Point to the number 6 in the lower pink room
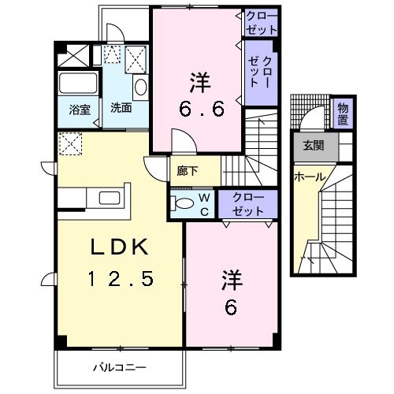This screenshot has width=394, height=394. click(231, 307)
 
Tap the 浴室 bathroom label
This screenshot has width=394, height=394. click(78, 108)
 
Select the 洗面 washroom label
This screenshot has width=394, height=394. click(121, 108)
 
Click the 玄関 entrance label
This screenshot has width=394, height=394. click(314, 145)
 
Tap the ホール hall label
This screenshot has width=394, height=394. click(309, 177)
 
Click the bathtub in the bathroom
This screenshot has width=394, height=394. click(78, 83)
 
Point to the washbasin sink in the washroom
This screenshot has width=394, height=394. click(140, 87)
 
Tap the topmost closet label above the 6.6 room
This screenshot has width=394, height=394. click(261, 22)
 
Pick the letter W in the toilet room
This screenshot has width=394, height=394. click(203, 198)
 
